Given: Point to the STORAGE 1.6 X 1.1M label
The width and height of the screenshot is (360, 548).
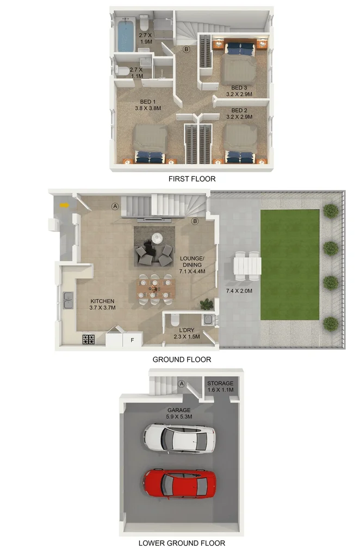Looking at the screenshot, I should tap(220, 386).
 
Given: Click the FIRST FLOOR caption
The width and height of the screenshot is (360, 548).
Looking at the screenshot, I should tap(193, 178).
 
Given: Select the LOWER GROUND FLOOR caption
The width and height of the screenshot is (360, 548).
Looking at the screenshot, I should tap(182, 543).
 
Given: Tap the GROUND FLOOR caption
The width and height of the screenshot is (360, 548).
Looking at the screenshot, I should tap(182, 359).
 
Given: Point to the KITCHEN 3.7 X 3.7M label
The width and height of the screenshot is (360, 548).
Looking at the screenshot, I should tap(102, 304).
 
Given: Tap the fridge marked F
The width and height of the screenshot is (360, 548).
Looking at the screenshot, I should tap(131, 340).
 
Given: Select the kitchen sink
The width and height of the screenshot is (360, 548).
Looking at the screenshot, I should tap(69, 300).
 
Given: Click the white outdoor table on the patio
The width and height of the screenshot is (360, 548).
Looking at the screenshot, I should tap(247, 267).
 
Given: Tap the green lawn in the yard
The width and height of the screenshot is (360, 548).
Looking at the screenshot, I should tap(289, 265).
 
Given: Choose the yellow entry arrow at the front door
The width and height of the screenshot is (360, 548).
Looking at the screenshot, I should tap(64, 205).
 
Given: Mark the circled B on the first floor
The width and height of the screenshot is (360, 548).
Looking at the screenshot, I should tap(186, 50).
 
